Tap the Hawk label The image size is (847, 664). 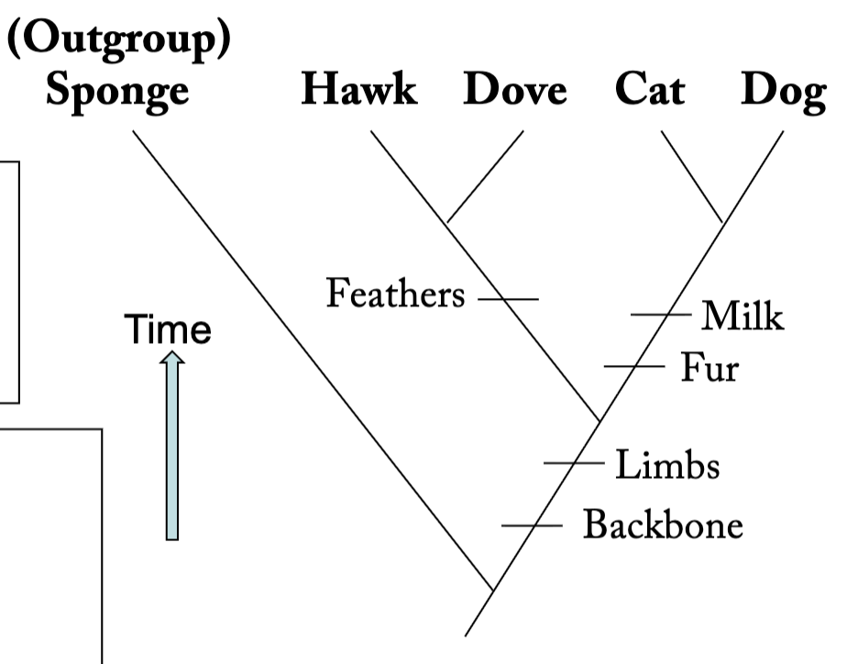click(x=359, y=92)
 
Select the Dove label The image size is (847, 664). click(x=515, y=92)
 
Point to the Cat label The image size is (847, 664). click(x=649, y=92)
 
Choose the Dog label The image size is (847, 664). click(x=781, y=92)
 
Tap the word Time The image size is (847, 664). click(x=170, y=330)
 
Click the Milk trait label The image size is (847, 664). click(x=742, y=316)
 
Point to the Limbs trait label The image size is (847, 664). click(x=666, y=465)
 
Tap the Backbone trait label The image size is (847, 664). click(x=663, y=526)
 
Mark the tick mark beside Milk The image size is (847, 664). click(x=661, y=315)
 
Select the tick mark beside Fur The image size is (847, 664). click(x=633, y=366)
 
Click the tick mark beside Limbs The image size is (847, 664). click(x=574, y=463)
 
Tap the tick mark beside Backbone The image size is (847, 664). click(x=532, y=526)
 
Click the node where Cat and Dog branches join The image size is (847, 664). click(x=722, y=221)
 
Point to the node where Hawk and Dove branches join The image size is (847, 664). click(x=448, y=221)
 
